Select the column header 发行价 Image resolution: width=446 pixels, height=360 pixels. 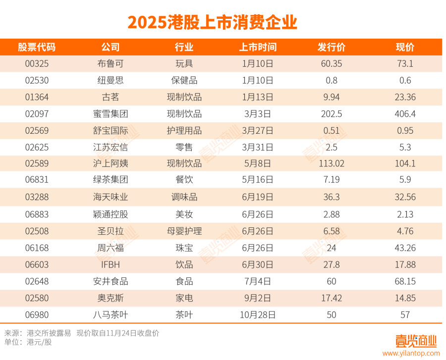331,48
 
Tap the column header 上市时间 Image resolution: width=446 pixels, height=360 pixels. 258,48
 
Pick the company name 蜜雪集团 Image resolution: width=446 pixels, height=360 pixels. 111,114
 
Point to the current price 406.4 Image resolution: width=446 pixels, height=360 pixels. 405,114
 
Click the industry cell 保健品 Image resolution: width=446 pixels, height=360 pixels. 184,80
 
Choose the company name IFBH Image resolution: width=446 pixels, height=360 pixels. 111,264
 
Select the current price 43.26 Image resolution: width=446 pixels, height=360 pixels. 405,248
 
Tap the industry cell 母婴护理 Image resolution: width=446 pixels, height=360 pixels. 184,231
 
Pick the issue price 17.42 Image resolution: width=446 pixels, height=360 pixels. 331,298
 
